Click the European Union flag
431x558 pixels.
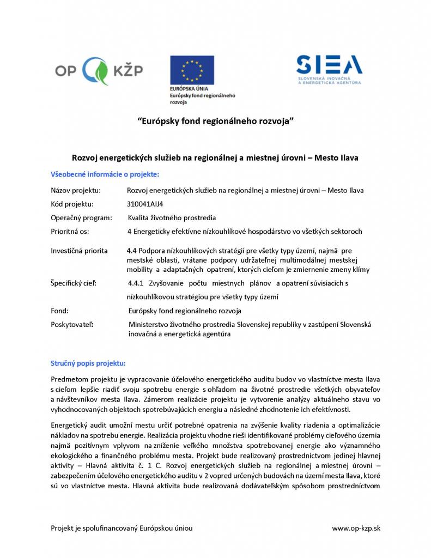(192, 70)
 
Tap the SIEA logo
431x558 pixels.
(329, 70)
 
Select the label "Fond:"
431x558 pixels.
(59, 311)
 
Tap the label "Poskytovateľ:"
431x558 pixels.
(72, 325)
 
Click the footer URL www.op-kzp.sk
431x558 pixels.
(356, 528)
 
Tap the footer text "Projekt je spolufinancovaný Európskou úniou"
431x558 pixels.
(122, 528)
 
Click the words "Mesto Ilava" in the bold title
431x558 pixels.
(341, 157)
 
